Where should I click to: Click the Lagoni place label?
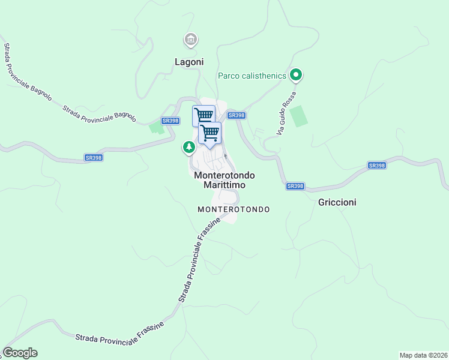click(189, 62)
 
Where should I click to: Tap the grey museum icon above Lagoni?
click(191, 40)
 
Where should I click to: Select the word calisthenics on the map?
click(264, 76)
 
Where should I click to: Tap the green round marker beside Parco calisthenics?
click(295, 75)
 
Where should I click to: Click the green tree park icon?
click(189, 146)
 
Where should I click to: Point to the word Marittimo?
click(224, 185)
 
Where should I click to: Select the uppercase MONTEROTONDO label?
click(234, 209)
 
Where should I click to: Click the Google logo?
click(20, 353)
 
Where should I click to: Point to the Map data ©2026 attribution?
click(423, 355)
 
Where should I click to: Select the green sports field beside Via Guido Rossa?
click(299, 116)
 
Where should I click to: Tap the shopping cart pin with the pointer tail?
click(210, 133)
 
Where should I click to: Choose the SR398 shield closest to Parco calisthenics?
click(237, 115)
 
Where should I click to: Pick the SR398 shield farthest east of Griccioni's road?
click(376, 166)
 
